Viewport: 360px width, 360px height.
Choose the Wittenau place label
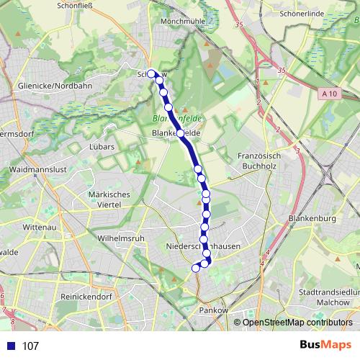(x=39, y=226)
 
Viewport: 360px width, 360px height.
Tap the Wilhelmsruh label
(x=120, y=236)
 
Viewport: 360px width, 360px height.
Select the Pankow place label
(x=214, y=310)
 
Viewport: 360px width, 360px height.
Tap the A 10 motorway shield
(x=329, y=93)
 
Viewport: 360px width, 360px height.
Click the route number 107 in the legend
(x=31, y=346)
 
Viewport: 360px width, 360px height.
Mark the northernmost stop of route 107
(x=151, y=73)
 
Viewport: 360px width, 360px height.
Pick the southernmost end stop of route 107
(x=195, y=269)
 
